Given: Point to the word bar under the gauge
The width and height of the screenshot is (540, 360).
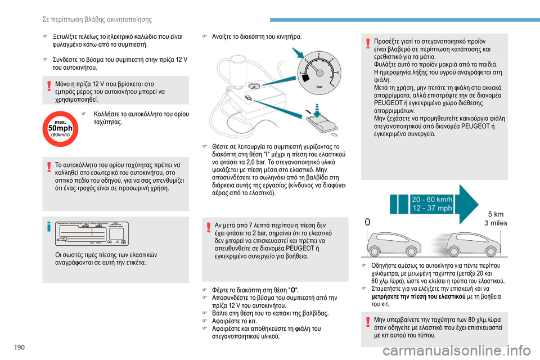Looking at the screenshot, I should [319, 88].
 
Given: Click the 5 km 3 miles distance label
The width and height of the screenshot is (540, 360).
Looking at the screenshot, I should [496, 218].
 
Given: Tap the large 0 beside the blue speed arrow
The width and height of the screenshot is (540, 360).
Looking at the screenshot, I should [367, 222].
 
